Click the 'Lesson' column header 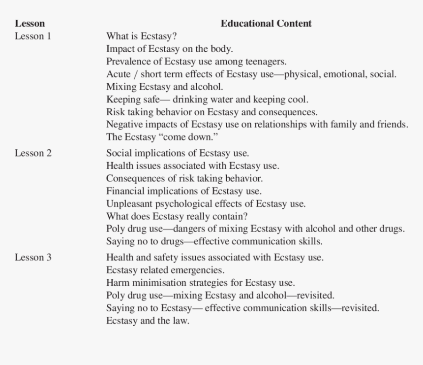click(x=30, y=23)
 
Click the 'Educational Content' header click(x=266, y=23)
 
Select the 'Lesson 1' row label click(x=32, y=36)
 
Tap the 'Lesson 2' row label click(x=32, y=153)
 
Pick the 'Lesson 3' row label click(x=32, y=257)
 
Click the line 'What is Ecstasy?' click(x=142, y=36)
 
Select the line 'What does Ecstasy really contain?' click(x=177, y=216)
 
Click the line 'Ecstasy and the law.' click(x=148, y=321)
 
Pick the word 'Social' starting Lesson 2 click(x=119, y=153)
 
